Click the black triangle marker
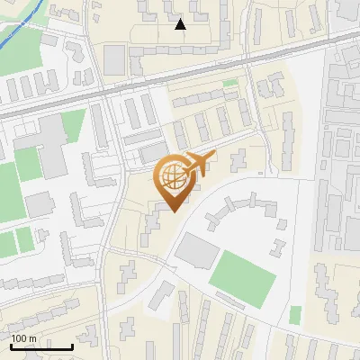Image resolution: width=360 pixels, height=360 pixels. click(x=181, y=24)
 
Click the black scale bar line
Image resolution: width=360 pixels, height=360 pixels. click(x=41, y=346)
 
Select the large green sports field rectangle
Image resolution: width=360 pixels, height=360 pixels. click(x=243, y=277)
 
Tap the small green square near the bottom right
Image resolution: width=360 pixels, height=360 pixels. click(x=295, y=314)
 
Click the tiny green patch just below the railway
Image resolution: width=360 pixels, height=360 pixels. click(x=230, y=84)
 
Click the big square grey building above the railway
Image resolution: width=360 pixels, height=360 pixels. click(x=114, y=59)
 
